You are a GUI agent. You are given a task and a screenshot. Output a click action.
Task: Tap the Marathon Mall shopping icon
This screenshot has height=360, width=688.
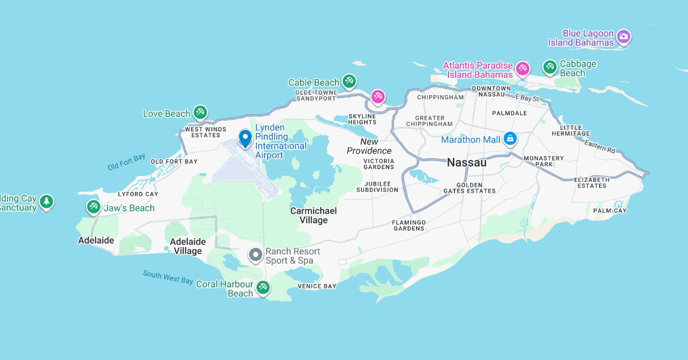tap(510, 139)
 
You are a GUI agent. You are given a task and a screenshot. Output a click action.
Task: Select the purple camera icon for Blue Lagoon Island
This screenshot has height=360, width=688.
tap(624, 37)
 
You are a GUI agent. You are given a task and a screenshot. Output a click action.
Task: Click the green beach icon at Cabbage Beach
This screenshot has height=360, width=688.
tap(550, 68)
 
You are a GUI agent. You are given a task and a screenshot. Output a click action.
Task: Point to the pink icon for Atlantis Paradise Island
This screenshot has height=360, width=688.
tap(522, 69)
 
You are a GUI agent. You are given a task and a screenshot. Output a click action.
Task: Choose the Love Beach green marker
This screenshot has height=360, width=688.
tap(200, 112)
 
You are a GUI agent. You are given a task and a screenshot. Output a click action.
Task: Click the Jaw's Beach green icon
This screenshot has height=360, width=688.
tap(93, 207)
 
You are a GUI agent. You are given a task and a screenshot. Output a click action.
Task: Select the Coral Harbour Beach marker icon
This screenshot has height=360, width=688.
tap(263, 287)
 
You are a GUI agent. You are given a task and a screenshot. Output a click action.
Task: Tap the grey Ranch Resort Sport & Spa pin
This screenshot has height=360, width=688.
tap(256, 255)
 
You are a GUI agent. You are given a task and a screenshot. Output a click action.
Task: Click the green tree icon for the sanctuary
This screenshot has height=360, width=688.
tap(46, 202)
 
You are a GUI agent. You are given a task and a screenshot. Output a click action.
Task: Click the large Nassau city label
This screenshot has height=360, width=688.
tap(466, 163)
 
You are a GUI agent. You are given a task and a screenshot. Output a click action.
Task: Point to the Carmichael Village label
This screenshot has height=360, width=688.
tap(313, 216)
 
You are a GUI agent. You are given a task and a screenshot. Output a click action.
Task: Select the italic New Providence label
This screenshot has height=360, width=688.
tap(369, 146)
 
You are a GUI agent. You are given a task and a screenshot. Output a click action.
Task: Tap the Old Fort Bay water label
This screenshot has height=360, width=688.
tap(127, 162)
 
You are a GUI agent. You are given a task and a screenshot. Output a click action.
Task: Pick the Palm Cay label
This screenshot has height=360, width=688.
tap(610, 210)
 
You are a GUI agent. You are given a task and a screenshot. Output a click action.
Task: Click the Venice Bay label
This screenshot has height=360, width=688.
tap(317, 286)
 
